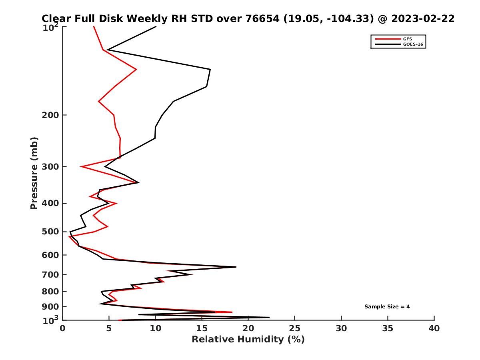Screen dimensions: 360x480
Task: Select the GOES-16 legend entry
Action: [412, 44]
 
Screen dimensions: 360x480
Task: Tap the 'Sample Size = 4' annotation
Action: [387, 307]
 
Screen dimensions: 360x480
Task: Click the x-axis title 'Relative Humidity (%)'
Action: [248, 340]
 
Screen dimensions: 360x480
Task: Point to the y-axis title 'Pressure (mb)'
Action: [34, 173]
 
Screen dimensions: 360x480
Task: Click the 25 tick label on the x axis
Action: [295, 328]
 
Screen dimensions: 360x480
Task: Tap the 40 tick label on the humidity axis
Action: [434, 328]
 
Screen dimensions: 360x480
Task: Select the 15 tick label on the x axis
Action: [202, 328]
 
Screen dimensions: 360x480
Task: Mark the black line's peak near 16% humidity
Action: [210, 70]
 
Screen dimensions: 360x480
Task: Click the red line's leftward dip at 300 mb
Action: [81, 166]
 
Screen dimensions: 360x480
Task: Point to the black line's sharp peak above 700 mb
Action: [236, 267]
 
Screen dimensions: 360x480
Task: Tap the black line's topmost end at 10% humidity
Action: [156, 26]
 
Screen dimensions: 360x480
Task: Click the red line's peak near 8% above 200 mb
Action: [136, 70]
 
